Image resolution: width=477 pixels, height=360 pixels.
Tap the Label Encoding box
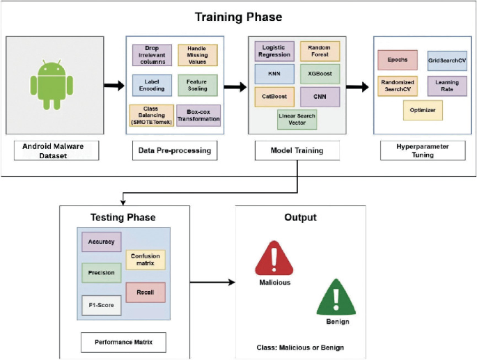click(152, 86)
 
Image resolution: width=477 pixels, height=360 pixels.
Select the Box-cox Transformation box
click(198, 115)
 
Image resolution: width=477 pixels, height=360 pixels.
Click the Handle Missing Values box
click(198, 55)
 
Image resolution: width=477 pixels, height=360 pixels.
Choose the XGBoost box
click(320, 73)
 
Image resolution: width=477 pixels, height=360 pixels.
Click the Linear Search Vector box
click(297, 118)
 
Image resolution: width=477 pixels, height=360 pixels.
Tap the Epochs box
click(397, 60)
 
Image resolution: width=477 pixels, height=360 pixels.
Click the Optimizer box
click(422, 110)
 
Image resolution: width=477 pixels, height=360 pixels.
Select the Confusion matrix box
click(145, 260)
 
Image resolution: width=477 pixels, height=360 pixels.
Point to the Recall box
click(146, 291)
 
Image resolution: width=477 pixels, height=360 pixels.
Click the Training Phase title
click(237, 16)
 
